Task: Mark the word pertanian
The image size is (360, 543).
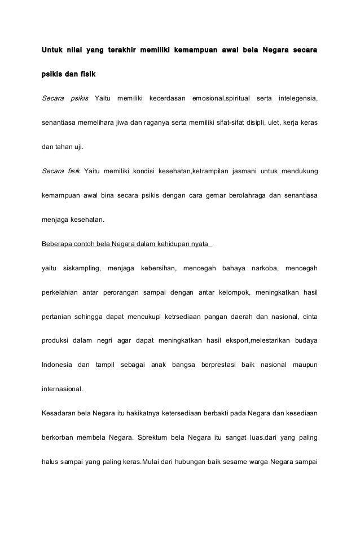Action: pos(58,316)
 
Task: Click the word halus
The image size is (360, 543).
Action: pos(51,462)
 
